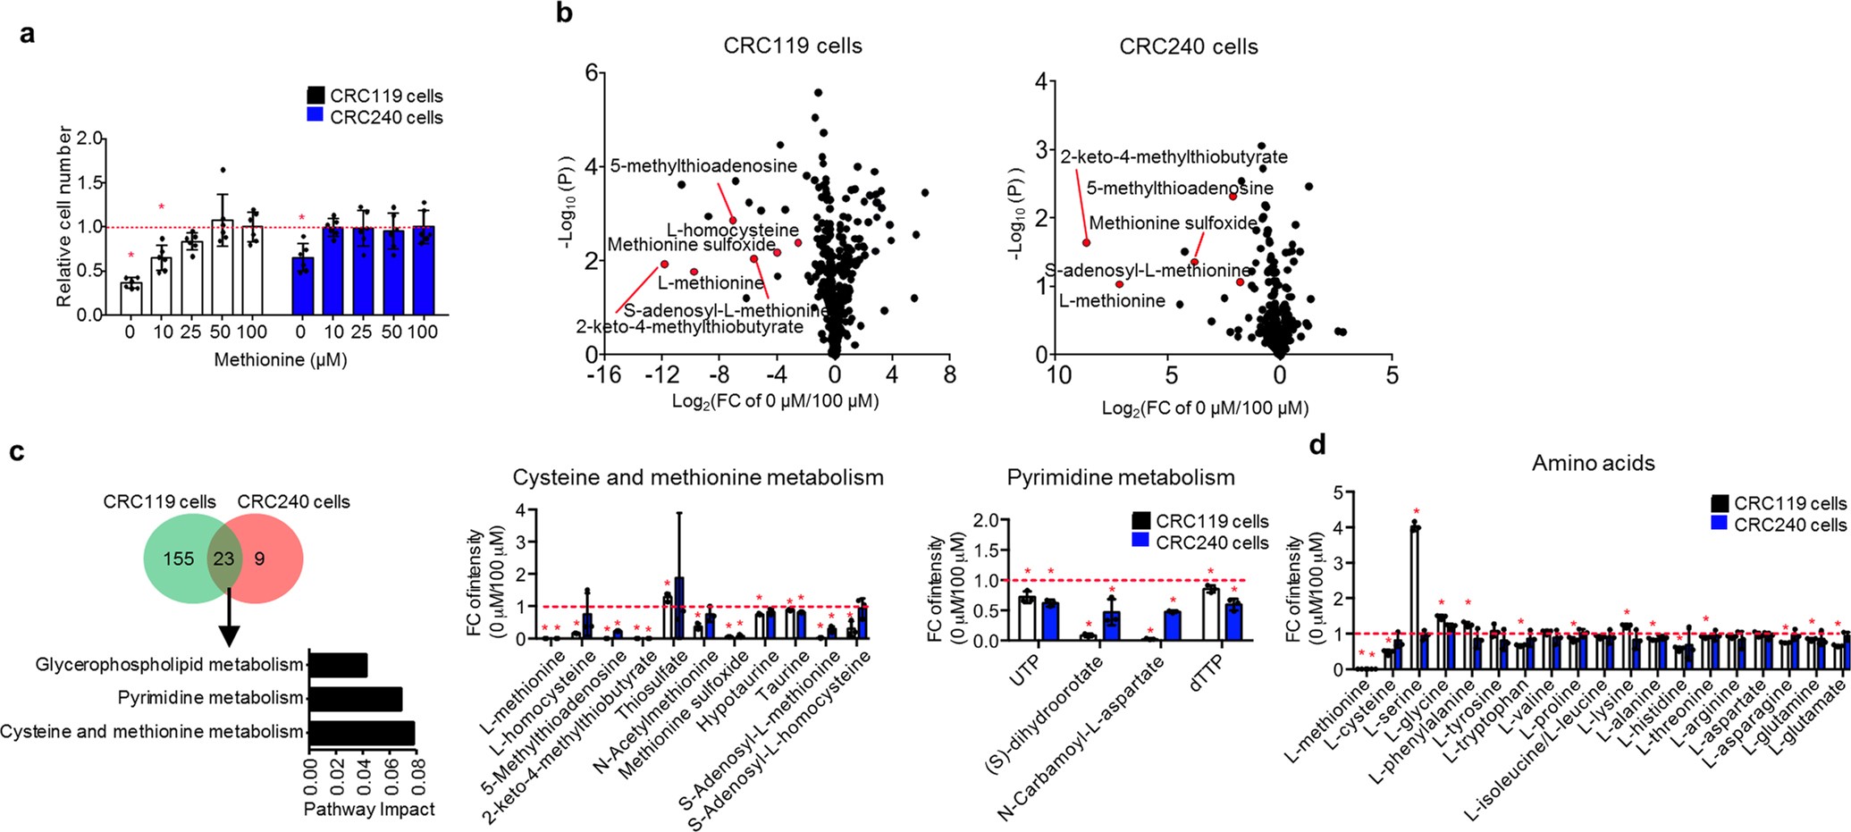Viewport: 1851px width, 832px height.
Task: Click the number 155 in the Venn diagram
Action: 178,559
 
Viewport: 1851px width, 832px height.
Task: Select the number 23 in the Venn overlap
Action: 223,559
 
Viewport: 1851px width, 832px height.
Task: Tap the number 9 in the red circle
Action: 259,559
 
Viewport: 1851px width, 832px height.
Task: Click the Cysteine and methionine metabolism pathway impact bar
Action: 362,733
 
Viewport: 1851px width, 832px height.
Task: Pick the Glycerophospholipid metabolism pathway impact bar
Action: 338,664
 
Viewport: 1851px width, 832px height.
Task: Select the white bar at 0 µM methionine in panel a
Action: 131,298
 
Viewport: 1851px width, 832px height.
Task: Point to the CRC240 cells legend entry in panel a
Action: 374,117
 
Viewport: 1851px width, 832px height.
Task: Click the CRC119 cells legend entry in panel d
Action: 1778,503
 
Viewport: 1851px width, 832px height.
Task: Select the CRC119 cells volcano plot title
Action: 793,46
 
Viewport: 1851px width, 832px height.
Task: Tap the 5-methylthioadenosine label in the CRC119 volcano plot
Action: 703,165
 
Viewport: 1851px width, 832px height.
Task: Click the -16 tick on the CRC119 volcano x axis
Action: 603,374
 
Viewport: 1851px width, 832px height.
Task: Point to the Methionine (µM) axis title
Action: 281,360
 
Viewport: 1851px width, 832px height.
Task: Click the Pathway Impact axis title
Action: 369,810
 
